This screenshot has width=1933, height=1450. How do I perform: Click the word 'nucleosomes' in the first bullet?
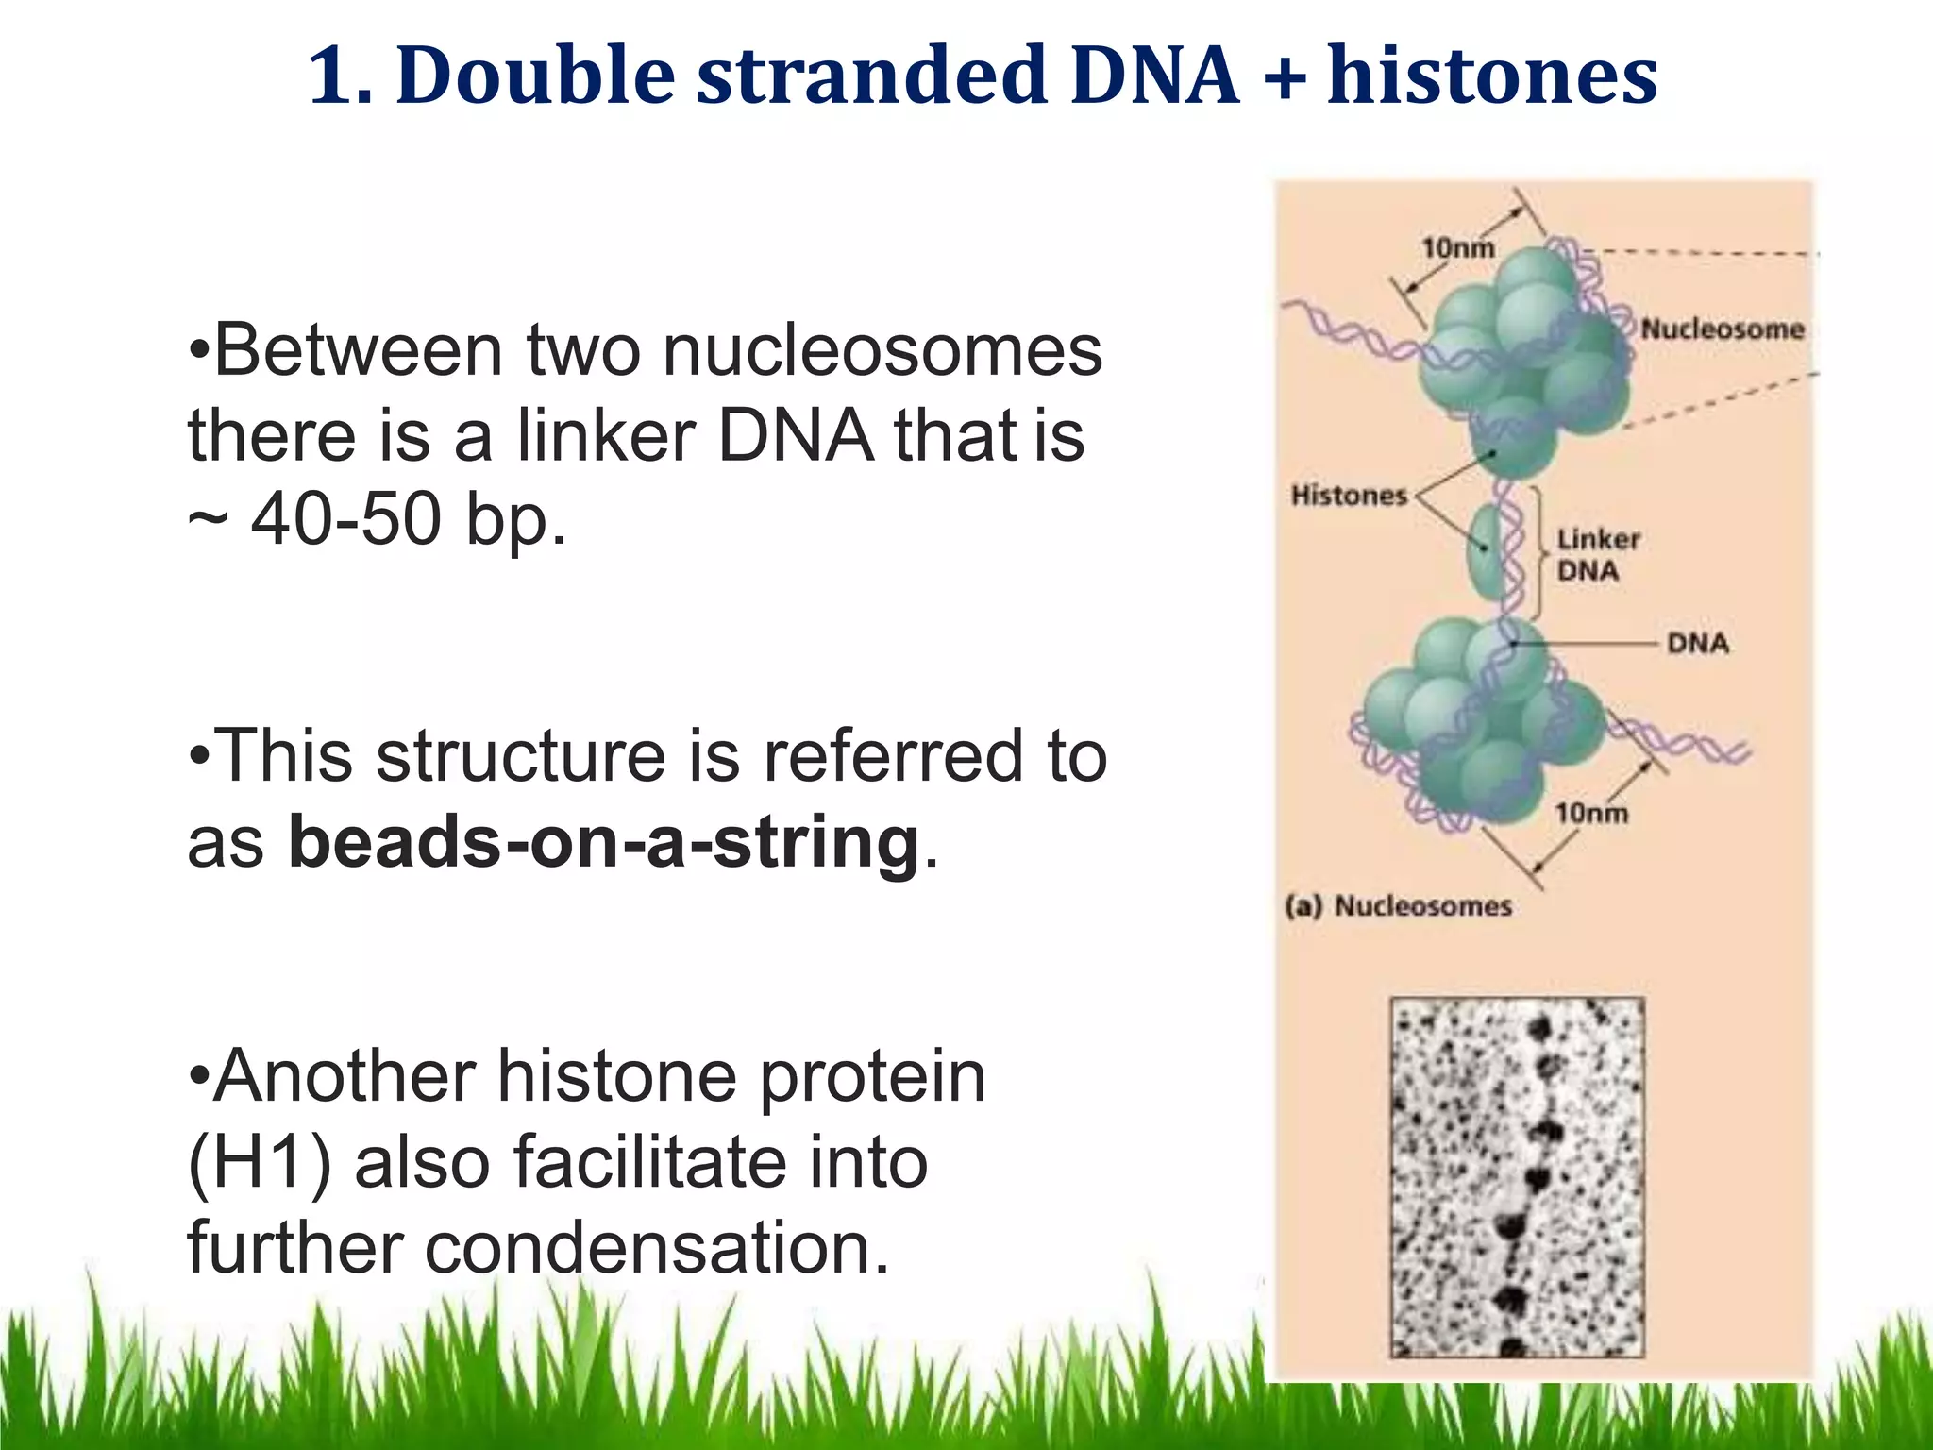882,351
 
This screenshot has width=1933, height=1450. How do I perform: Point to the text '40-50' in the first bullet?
346,520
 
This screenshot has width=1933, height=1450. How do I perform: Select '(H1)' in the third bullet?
260,1163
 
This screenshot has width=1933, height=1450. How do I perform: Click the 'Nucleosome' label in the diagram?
1722,329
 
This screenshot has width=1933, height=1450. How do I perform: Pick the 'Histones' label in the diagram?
1349,495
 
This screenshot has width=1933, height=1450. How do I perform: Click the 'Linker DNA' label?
1597,555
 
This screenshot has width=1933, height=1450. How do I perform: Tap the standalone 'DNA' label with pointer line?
1697,643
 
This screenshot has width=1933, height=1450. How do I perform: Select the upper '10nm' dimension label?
1457,247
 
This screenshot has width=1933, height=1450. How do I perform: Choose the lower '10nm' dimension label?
1591,812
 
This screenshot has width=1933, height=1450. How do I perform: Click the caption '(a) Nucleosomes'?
1398,906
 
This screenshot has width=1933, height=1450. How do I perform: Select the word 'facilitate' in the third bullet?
649,1163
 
